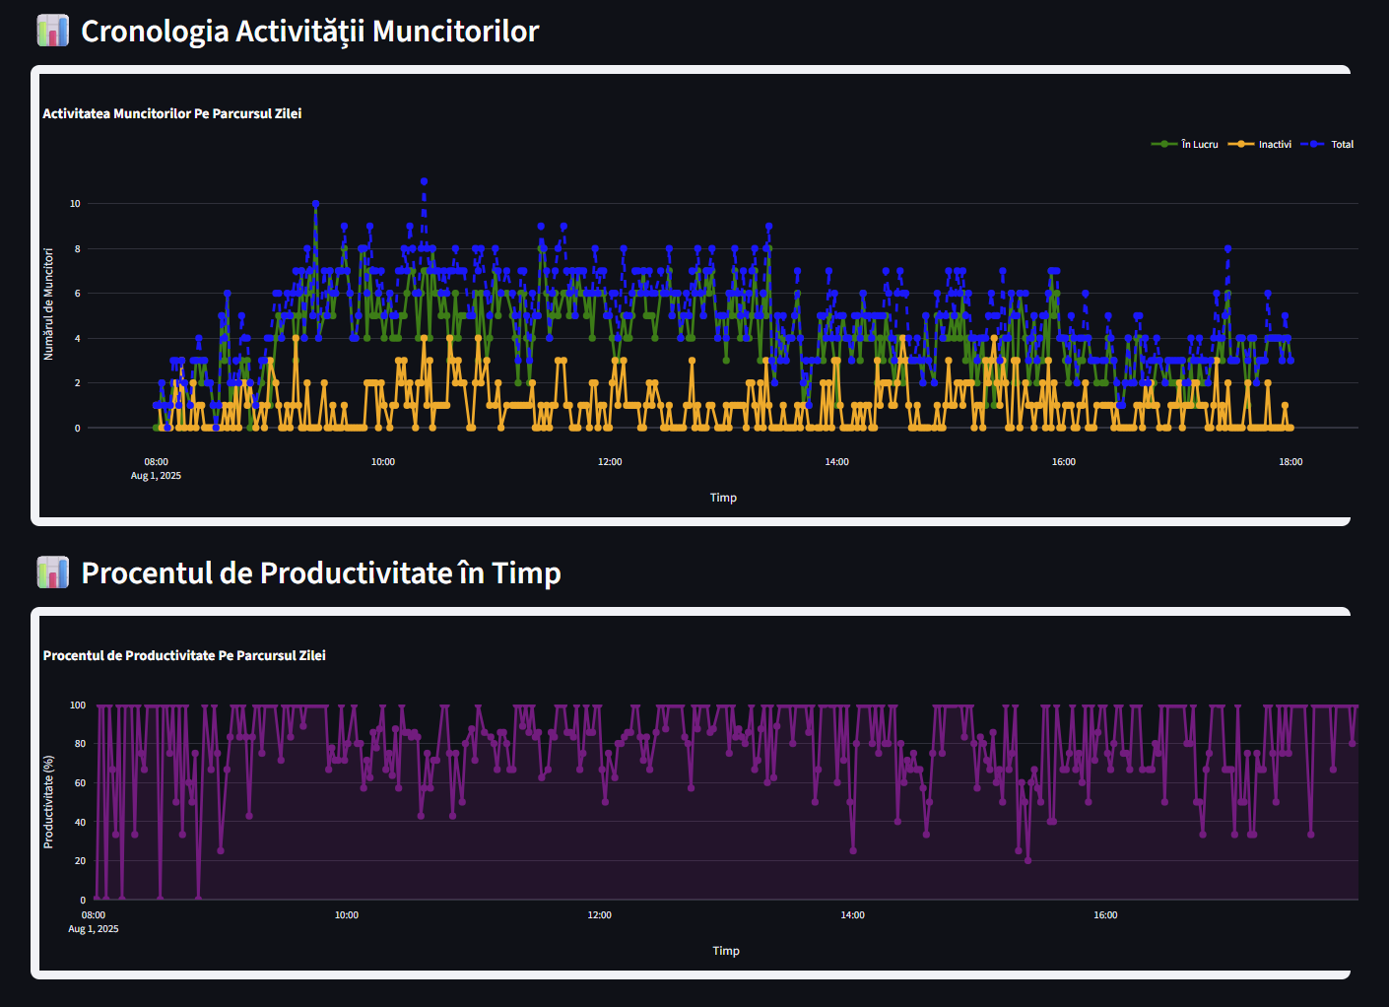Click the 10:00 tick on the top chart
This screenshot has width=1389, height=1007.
[383, 462]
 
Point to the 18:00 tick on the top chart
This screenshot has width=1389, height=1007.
[1290, 462]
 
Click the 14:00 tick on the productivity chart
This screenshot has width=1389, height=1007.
[852, 915]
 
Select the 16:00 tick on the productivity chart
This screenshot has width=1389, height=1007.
[1105, 915]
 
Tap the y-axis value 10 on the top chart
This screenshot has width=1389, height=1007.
[75, 204]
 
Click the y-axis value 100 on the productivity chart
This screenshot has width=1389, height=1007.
[78, 705]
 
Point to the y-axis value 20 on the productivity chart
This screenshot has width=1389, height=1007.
[80, 861]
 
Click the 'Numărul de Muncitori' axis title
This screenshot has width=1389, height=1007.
[48, 303]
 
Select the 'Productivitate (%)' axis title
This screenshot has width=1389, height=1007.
[48, 802]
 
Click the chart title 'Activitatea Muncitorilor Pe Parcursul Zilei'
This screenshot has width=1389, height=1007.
[171, 114]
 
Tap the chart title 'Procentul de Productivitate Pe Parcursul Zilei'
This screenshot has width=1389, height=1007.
[184, 656]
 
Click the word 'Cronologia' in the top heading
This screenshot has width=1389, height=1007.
[154, 32]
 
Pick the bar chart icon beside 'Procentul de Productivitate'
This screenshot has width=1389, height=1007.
[52, 572]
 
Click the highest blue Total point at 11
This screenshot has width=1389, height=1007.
[424, 181]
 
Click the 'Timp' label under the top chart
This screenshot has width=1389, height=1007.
[723, 498]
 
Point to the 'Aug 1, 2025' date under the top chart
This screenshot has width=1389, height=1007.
[156, 476]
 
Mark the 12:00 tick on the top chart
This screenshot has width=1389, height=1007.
[610, 462]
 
